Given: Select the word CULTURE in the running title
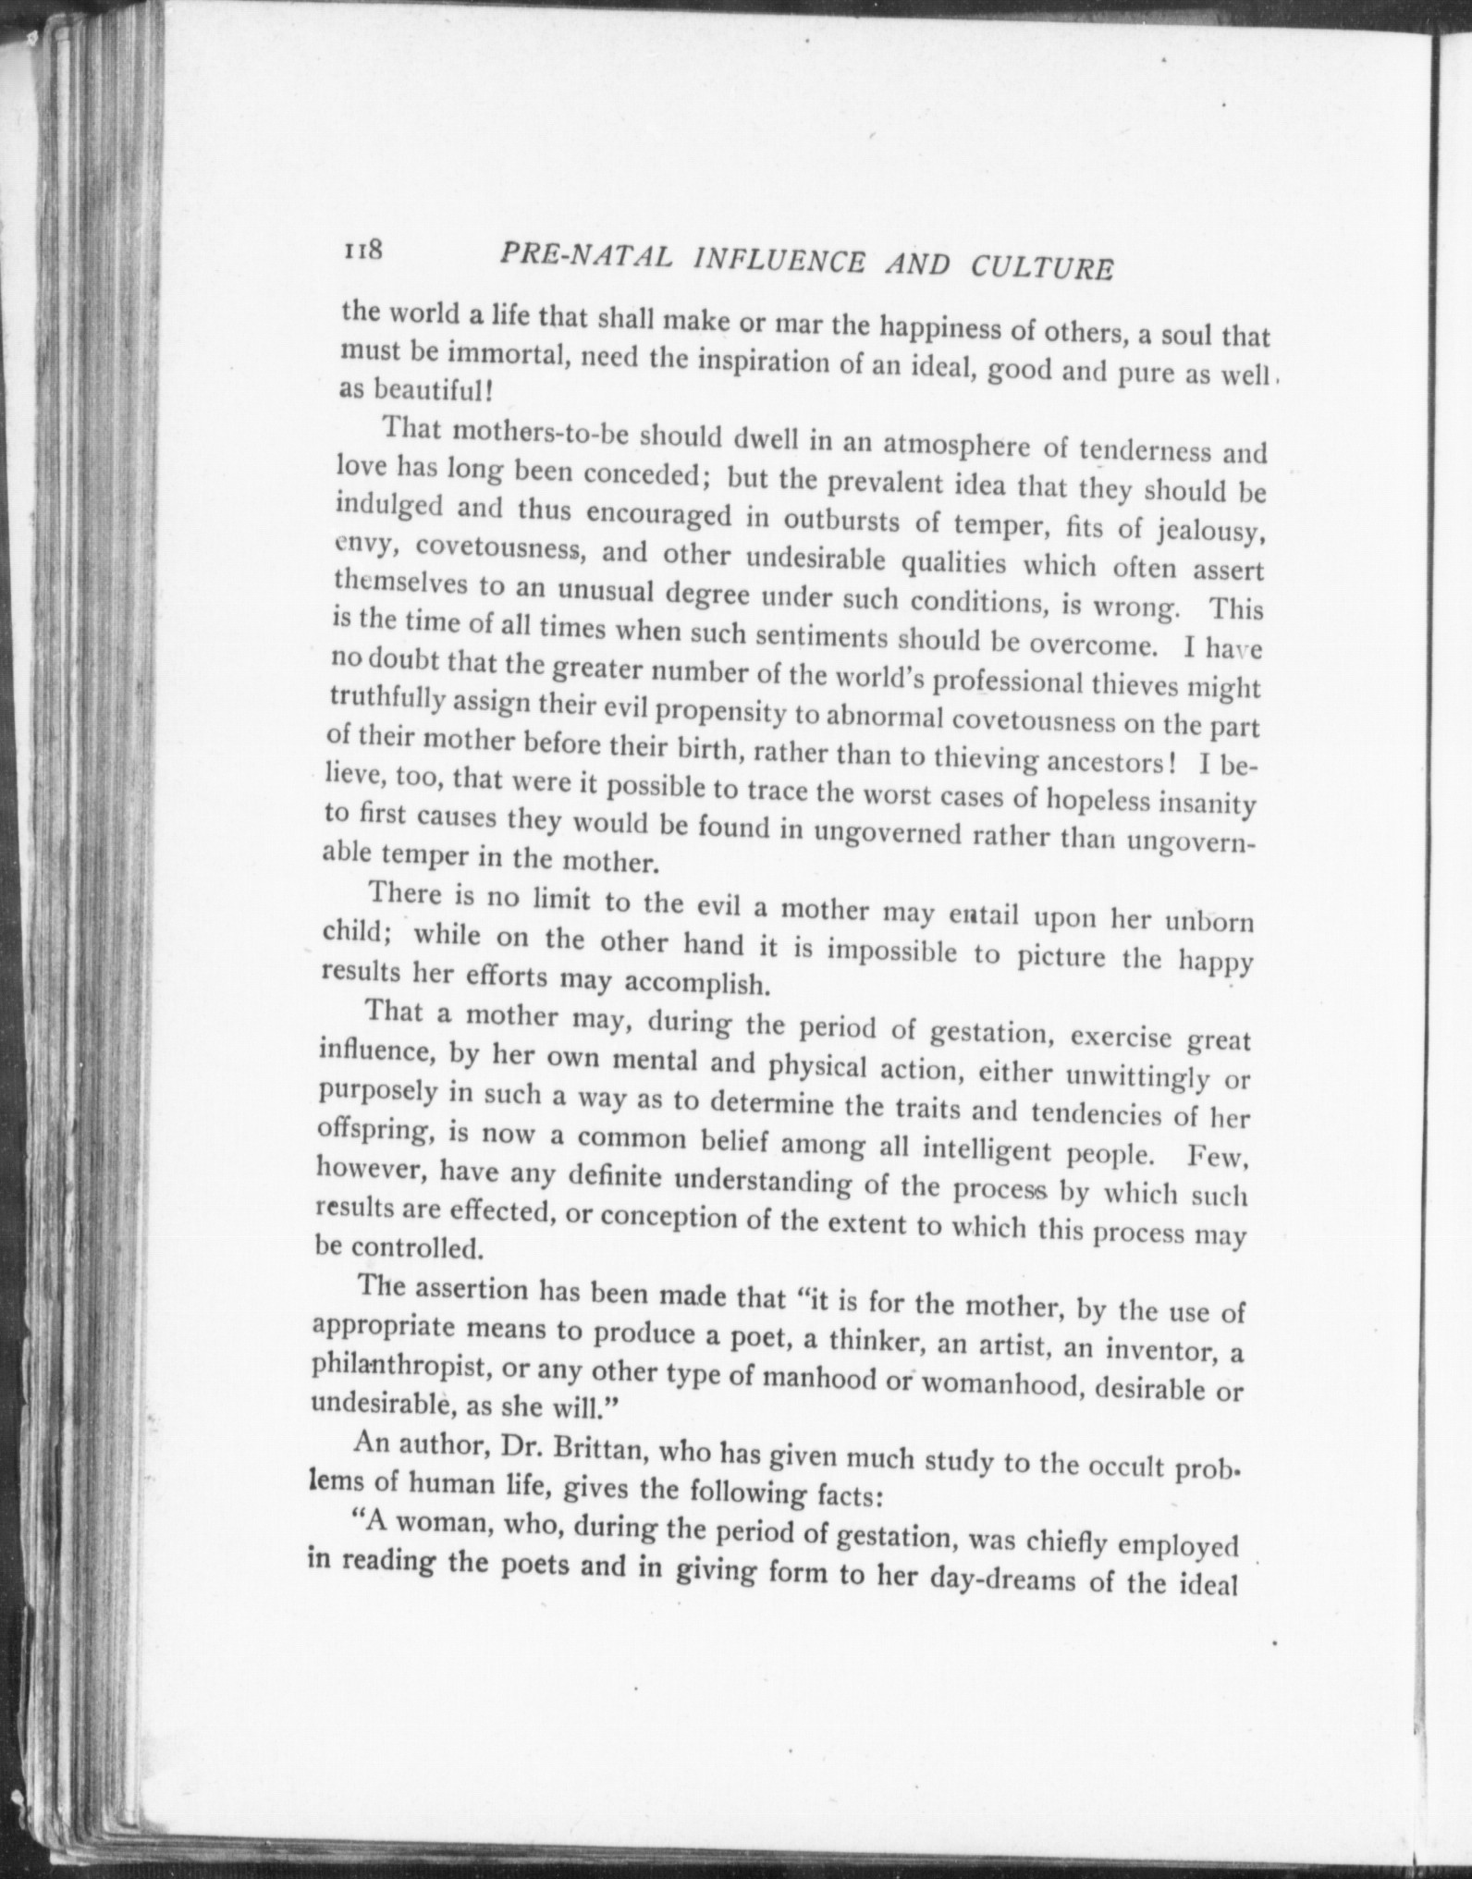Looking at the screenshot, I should click(1041, 268).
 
